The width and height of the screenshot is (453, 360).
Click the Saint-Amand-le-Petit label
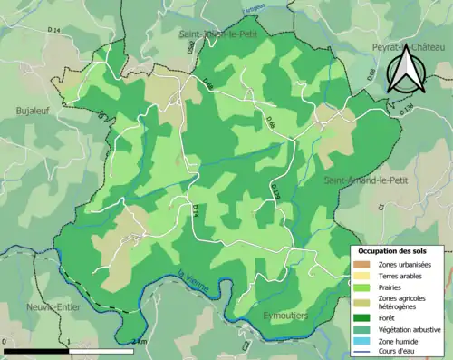click(x=361, y=181)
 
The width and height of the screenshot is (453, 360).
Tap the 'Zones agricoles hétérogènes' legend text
click(x=404, y=303)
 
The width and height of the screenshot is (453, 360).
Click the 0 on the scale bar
click(x=5, y=342)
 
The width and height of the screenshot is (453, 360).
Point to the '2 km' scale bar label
click(x=139, y=342)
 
